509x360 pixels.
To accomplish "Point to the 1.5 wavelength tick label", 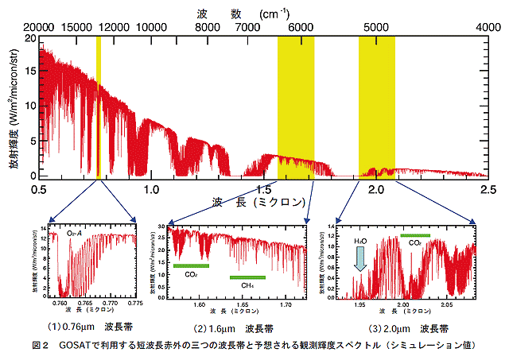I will [264, 189].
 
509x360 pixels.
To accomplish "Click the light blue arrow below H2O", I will [360, 258].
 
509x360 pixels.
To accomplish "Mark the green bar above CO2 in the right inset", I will [414, 235].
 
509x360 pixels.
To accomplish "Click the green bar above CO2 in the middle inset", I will [192, 265].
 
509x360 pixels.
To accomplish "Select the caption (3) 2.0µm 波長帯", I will [408, 327].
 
